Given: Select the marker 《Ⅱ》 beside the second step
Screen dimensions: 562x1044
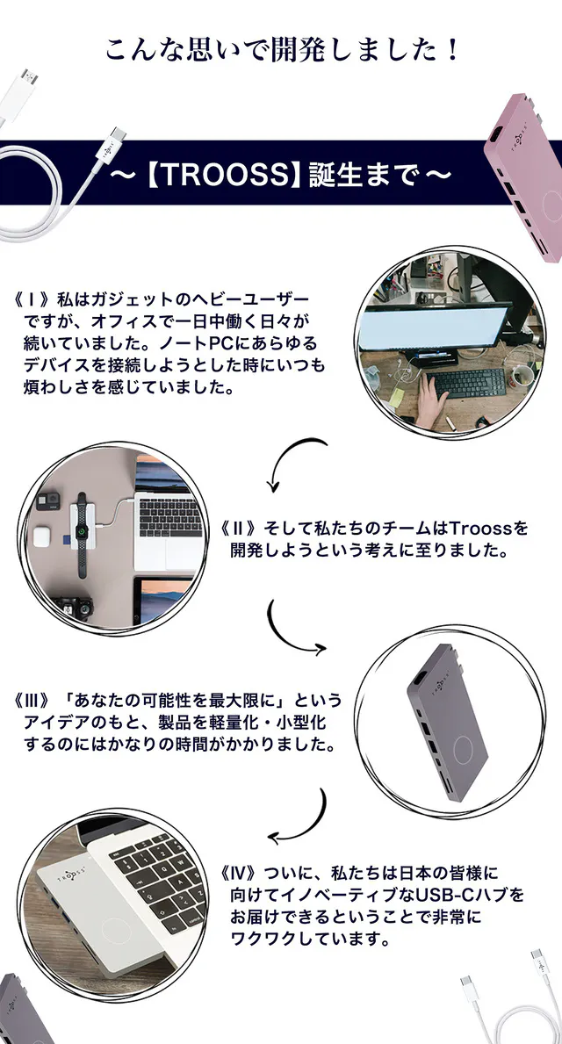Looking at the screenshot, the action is [x=241, y=529].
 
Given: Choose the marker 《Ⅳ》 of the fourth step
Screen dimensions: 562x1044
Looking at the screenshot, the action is [x=241, y=872].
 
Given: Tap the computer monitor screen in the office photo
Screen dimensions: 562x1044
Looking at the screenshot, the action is [x=434, y=328].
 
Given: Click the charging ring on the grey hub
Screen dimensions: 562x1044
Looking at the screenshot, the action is [x=466, y=752].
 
